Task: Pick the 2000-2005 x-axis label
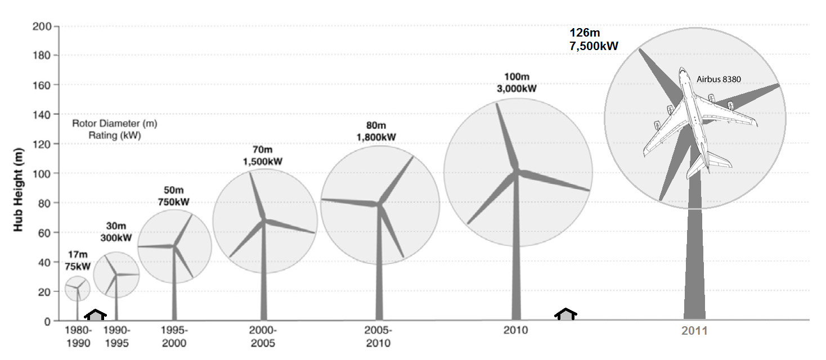262,336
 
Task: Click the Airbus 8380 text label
719,80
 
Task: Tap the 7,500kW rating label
594,46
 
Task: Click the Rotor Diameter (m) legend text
106,123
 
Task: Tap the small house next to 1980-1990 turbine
96,314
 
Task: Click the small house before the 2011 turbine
565,314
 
